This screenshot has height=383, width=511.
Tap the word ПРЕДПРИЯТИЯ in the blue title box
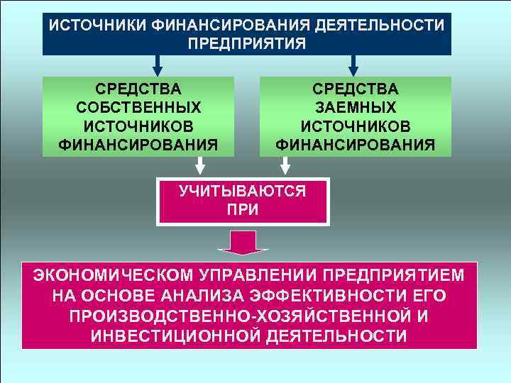point(246,43)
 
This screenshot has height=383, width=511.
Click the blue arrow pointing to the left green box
point(158,65)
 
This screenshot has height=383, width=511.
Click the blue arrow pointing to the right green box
point(353,65)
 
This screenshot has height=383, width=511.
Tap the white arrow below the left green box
point(201,165)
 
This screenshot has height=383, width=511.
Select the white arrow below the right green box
point(285,165)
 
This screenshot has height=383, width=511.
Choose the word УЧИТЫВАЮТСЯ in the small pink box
point(243,191)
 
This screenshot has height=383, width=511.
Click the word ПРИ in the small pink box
point(243,210)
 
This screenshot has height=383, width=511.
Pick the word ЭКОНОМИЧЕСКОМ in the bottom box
point(99,274)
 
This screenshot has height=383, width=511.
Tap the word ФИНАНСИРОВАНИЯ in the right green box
point(356,145)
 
